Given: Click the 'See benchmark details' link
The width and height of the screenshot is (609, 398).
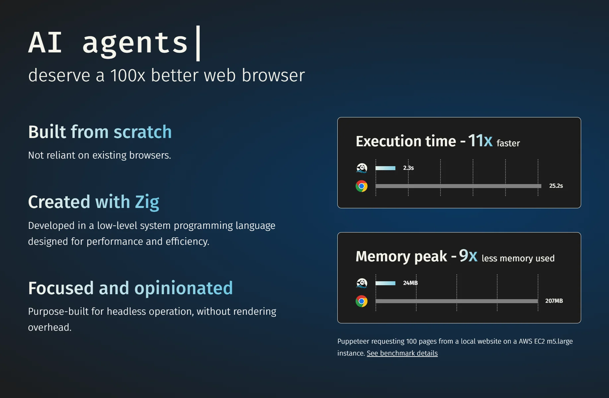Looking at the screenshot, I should pos(402,353).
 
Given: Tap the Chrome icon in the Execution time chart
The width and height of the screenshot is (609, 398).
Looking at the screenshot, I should pos(362,186).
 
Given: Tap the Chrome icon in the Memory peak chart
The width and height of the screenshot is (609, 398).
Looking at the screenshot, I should pos(362,301).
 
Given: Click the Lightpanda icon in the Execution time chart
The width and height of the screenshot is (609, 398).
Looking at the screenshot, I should pos(362,168).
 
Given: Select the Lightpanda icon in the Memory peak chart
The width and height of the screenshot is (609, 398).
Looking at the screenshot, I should pos(362,283).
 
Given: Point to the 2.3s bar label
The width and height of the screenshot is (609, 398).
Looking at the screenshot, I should pos(408,168).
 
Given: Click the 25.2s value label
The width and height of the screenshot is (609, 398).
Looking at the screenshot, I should pos(556,186).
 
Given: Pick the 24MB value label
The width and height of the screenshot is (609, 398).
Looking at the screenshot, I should pos(410,283).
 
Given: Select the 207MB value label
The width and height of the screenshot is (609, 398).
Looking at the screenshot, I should pos(554,301).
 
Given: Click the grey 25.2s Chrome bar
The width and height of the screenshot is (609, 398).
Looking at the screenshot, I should pos(458,186).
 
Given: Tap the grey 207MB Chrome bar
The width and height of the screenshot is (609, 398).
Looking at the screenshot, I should pos(456,301).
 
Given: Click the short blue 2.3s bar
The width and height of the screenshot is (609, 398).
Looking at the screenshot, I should pos(385,168).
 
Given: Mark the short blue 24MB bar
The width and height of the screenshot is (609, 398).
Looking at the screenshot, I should pos(385,283).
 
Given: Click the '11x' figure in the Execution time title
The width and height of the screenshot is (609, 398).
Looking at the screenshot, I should pos(480,141).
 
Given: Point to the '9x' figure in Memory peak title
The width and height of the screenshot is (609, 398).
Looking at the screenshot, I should pos(468,256).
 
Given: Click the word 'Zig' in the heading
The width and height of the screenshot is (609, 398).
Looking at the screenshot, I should pos(147,202).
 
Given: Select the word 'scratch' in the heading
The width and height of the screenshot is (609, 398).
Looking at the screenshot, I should pos(143,132).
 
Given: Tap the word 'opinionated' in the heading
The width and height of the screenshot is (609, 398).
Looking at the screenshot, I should pos(183,288).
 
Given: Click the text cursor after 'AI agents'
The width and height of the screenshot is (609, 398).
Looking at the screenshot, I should pos(198,43).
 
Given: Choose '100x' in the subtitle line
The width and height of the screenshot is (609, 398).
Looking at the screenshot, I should pos(128,75).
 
